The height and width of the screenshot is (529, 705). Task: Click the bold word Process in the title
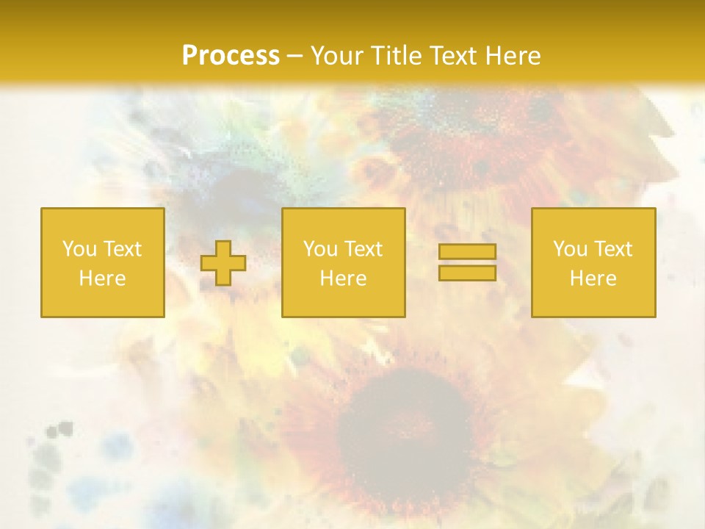pos(231,56)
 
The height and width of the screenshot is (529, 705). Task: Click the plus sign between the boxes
pos(223,263)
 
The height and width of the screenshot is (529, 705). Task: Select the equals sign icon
pos(467,262)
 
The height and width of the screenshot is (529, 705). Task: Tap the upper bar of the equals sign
pos(467,252)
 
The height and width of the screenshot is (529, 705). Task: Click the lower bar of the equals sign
pos(467,273)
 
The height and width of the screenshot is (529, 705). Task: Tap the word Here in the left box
pos(102,278)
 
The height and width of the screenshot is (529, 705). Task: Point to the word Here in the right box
pos(593,278)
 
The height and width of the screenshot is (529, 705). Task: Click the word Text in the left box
pos(123,249)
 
